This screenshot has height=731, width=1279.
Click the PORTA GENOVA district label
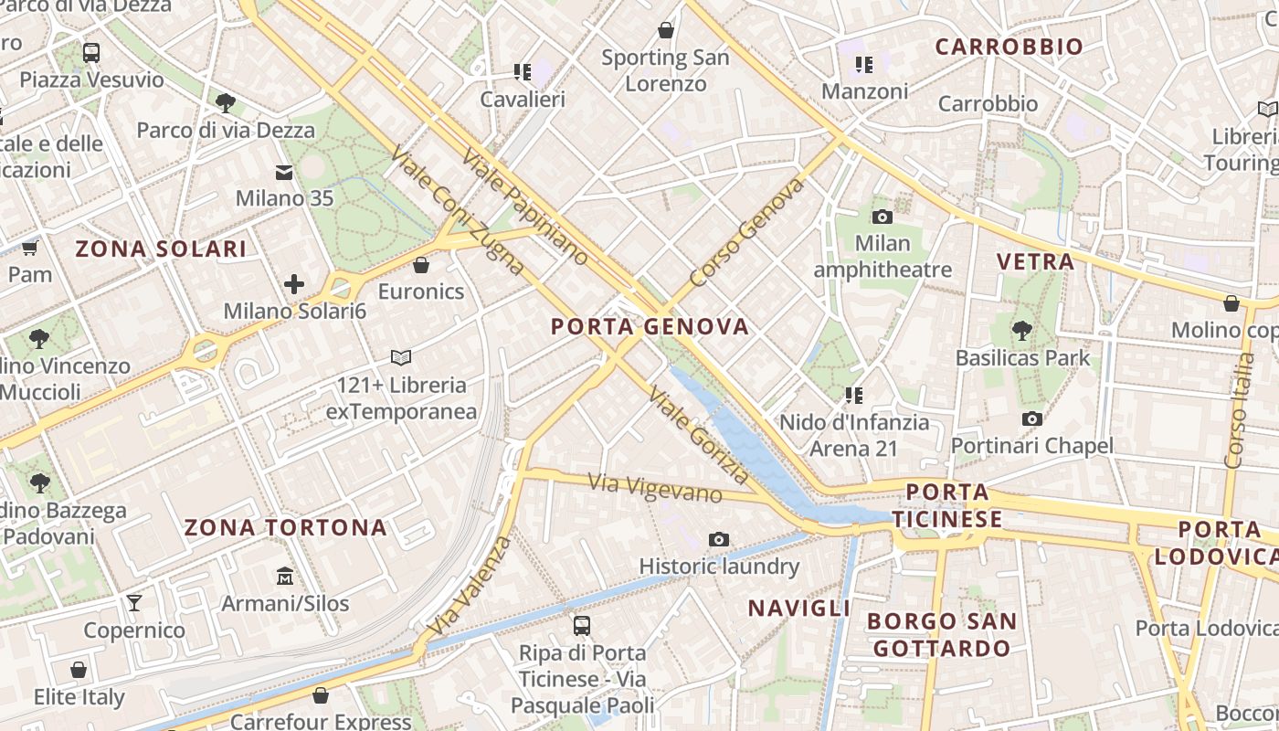[650, 326]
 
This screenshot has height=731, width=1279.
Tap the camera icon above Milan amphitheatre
[882, 217]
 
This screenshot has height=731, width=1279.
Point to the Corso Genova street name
[746, 232]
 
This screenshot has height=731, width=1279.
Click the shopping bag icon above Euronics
[421, 266]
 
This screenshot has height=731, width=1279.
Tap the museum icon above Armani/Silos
[285, 577]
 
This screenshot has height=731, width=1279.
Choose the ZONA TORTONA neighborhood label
[285, 527]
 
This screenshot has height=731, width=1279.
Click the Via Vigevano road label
[655, 487]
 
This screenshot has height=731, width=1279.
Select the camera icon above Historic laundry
[719, 540]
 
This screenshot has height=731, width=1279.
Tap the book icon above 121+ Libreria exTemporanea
[401, 357]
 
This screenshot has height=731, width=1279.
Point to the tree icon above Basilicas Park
[1022, 330]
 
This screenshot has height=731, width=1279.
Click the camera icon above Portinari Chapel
[1032, 418]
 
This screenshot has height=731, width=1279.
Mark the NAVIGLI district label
[798, 609]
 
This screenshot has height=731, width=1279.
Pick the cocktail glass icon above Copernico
[134, 602]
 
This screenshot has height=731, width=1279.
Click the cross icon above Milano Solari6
[294, 284]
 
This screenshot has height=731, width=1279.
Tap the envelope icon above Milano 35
[284, 172]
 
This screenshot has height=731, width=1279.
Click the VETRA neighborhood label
[1035, 261]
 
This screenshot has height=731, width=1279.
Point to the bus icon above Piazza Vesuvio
[91, 52]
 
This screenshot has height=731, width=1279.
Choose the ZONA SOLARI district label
[161, 249]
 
